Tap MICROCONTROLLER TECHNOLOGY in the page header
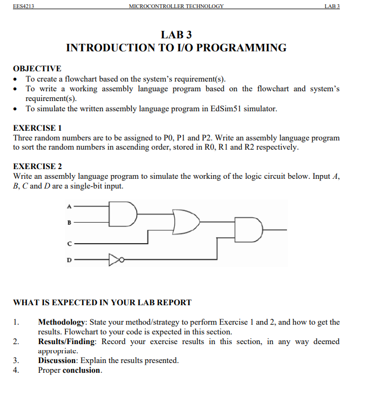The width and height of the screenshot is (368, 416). click(x=176, y=6)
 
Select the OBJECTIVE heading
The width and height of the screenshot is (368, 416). click(x=37, y=69)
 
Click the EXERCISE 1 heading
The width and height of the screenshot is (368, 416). click(x=37, y=128)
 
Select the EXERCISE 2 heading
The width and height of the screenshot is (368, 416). click(x=37, y=166)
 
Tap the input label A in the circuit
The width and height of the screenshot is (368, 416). click(x=69, y=206)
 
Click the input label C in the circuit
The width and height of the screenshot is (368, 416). click(x=69, y=244)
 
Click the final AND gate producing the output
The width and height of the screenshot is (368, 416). click(x=248, y=230)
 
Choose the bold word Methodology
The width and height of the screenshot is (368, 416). click(x=61, y=323)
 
